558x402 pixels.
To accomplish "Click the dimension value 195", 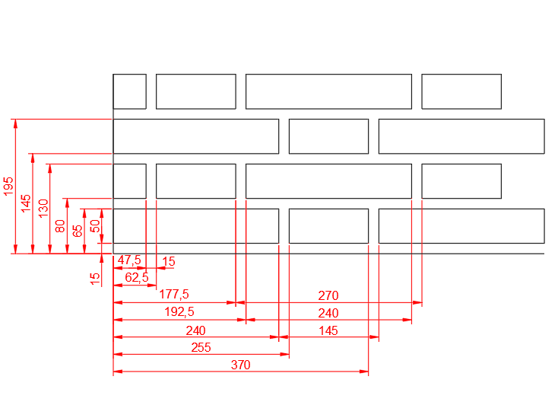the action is click(x=8, y=186).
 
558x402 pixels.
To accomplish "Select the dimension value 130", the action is click(x=43, y=209).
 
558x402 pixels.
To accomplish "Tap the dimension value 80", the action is click(x=60, y=226).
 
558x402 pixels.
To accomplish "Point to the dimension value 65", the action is click(x=78, y=231).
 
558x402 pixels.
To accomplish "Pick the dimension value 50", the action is click(x=95, y=226).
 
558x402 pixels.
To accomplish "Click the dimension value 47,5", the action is click(x=129, y=260).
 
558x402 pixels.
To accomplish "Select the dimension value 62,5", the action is click(x=137, y=277).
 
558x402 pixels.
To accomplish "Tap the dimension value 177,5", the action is click(x=174, y=295).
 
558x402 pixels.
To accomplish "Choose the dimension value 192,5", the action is click(x=179, y=312).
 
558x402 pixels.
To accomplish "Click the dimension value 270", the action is click(x=328, y=295).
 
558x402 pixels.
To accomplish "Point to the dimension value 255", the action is click(x=201, y=347).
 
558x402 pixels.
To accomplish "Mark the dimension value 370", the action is click(x=240, y=365).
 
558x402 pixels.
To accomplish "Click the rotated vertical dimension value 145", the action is click(x=26, y=203).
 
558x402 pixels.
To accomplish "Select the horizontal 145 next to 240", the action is click(x=328, y=330).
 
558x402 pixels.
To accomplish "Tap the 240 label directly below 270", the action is click(x=328, y=313).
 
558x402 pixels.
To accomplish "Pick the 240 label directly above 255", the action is click(x=195, y=330).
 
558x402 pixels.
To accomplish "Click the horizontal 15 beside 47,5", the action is click(x=169, y=262).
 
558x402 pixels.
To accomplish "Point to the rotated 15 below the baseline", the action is click(x=95, y=279).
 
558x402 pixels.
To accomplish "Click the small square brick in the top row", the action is click(x=129, y=91).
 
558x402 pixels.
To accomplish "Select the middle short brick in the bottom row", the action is click(x=329, y=226).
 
